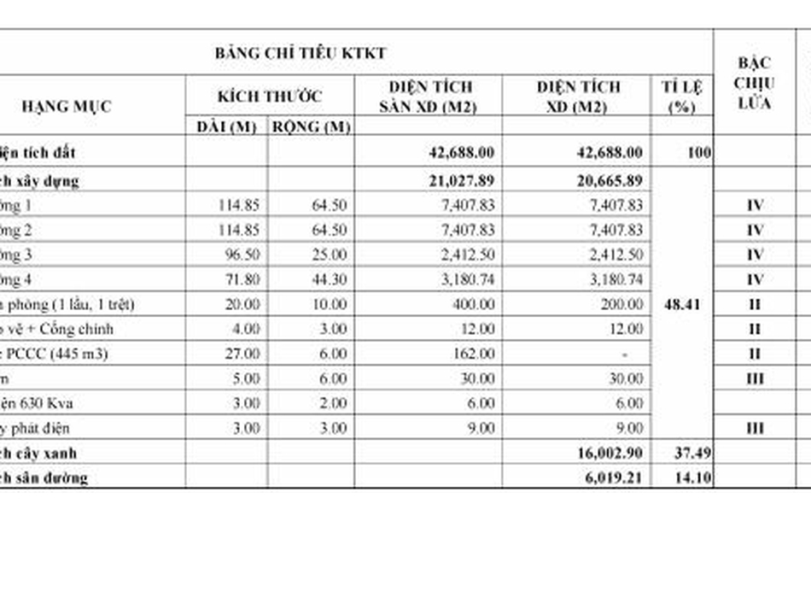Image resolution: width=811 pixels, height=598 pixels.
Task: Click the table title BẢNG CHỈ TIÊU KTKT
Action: click(x=300, y=53)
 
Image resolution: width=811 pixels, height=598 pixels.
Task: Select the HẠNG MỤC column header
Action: click(x=67, y=107)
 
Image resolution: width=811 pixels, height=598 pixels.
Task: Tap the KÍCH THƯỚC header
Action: click(x=270, y=96)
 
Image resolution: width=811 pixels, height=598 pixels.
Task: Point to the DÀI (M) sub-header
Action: click(x=226, y=126)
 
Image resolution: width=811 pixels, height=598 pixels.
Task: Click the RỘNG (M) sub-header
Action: click(x=311, y=126)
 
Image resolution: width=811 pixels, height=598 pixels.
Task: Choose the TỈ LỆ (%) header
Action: click(x=681, y=97)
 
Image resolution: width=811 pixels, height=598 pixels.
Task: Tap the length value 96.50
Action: click(x=241, y=255)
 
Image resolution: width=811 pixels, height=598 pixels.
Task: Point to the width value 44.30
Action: click(x=328, y=280)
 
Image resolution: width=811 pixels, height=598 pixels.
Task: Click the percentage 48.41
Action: click(x=681, y=304)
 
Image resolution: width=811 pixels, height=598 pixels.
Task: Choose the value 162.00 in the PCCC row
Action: click(x=475, y=354)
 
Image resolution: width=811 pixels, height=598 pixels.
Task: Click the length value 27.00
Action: click(x=241, y=354)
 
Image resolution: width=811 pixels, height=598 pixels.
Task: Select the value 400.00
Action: click(x=475, y=304)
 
